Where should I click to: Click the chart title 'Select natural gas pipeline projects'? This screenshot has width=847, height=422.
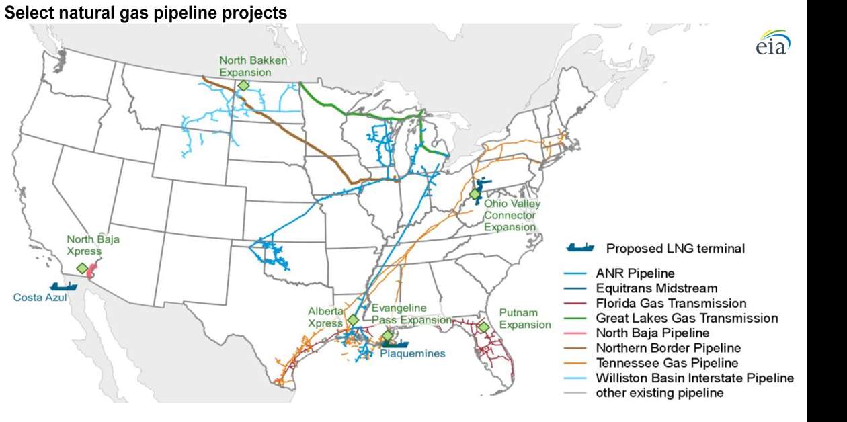coord(146,12)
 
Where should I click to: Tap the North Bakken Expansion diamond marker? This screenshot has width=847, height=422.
coord(243,85)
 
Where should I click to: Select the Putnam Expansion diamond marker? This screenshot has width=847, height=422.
coord(483,327)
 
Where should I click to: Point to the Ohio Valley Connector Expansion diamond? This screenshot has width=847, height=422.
coord(475,194)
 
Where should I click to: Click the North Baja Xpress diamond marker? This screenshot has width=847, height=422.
coord(82,268)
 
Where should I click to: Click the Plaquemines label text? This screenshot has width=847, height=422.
coord(412,353)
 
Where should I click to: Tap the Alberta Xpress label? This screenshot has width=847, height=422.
coord(325,317)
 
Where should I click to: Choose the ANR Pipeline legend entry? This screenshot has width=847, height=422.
coord(635,273)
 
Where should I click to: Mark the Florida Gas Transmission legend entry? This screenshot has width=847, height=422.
coord(671,303)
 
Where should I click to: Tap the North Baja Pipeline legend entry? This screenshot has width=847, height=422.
coord(653,333)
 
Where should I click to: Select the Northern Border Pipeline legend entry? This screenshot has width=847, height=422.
coord(668,348)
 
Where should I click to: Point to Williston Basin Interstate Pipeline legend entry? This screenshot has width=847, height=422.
coord(694,378)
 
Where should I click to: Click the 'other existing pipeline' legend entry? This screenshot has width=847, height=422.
coord(659,392)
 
